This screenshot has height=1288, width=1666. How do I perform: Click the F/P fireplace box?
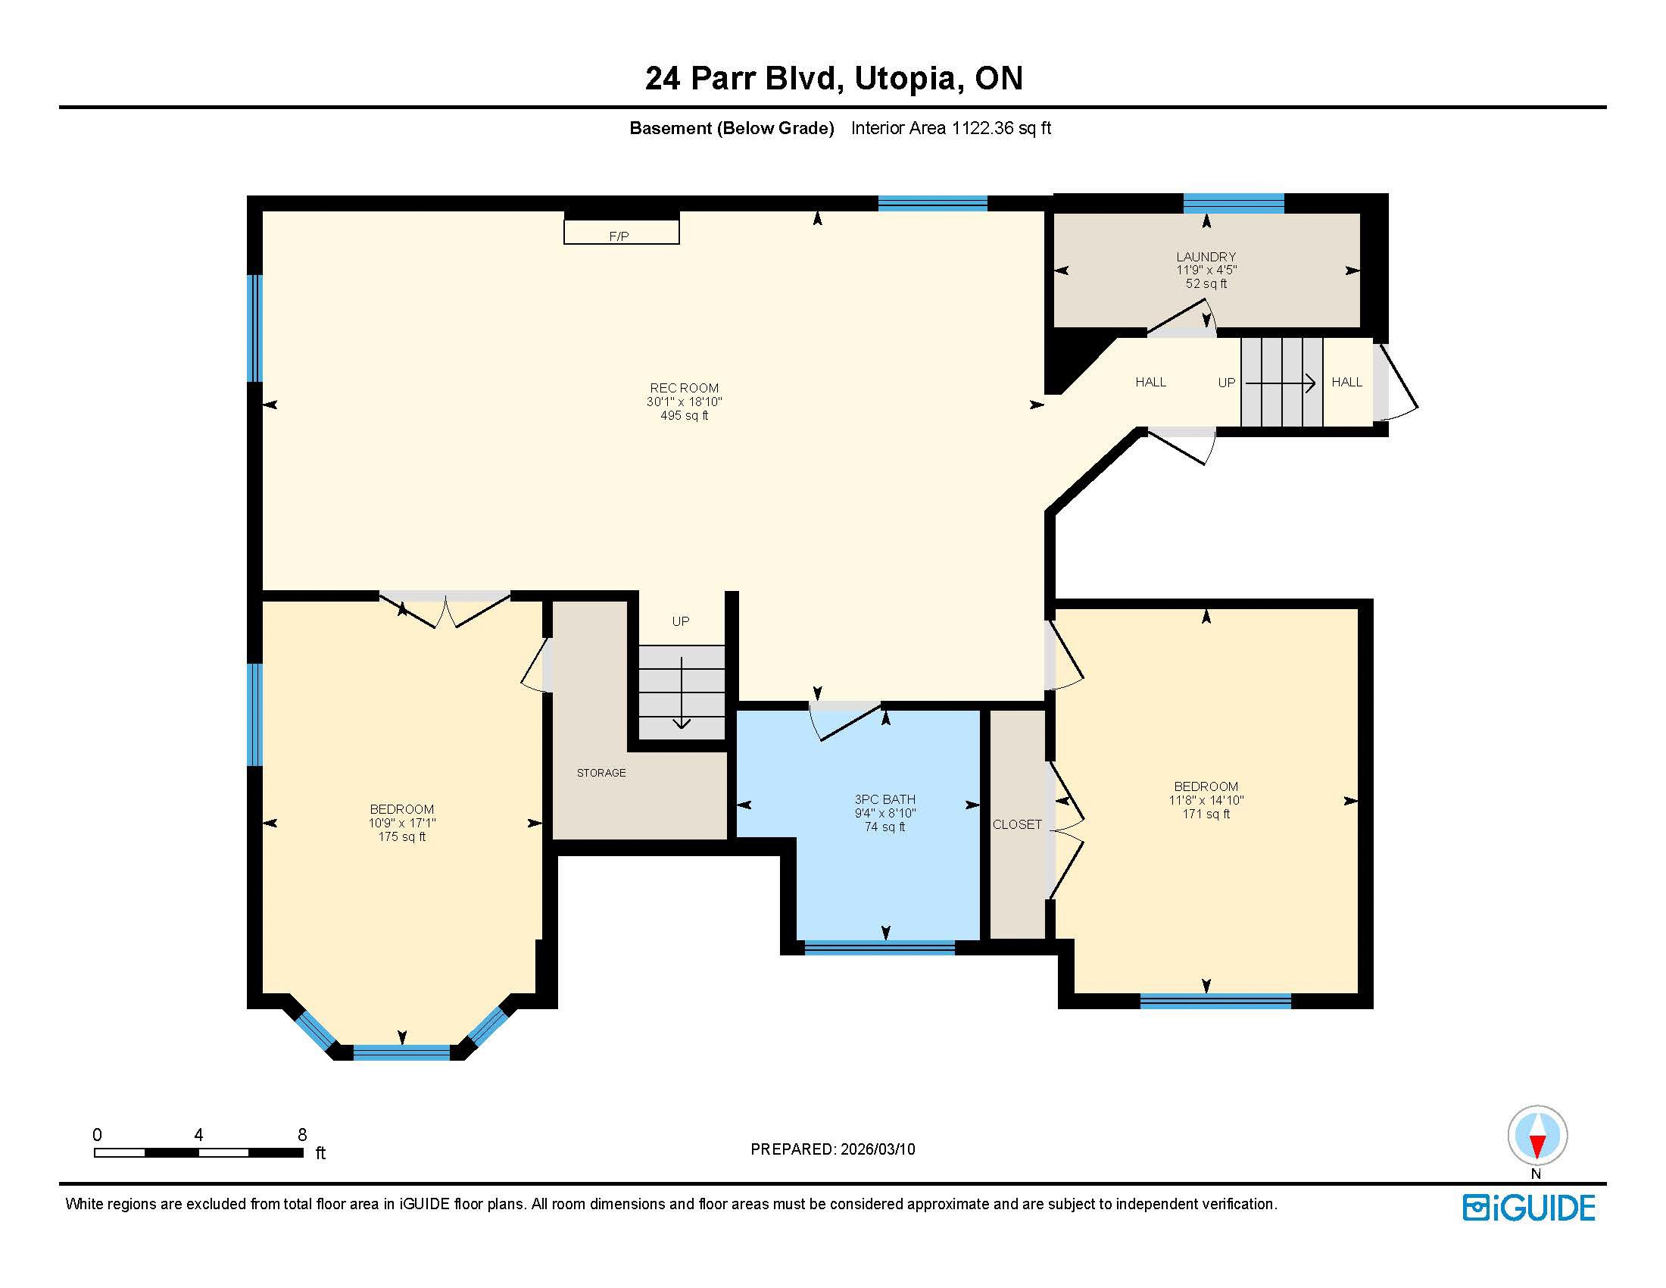[x=621, y=232]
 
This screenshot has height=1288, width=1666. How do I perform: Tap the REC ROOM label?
[x=685, y=389]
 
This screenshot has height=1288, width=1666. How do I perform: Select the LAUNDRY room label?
[x=1206, y=257]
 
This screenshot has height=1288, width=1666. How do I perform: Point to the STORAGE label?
[x=601, y=773]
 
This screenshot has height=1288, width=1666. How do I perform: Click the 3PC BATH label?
[x=884, y=799]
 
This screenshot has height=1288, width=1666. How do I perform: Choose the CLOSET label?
[x=1017, y=825]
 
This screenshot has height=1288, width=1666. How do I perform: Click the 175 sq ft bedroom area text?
[x=402, y=837]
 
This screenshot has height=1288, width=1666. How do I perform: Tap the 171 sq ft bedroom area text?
[x=1206, y=814]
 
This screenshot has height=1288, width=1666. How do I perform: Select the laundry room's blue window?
[x=1234, y=203]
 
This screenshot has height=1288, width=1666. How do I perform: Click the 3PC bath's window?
[x=879, y=948]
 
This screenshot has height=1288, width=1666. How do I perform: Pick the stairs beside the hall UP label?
[x=1281, y=383]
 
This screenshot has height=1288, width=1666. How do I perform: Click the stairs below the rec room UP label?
[x=682, y=692]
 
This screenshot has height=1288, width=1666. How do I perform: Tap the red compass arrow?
[x=1537, y=1146]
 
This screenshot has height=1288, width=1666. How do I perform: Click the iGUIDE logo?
[x=1529, y=1208]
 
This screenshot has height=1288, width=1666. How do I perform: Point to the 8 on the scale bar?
[x=302, y=1135]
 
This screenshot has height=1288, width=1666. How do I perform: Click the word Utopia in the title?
[x=903, y=79]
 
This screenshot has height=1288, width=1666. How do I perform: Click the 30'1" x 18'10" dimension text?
[x=685, y=402]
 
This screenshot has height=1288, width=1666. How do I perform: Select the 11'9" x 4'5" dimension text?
[x=1206, y=270]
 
